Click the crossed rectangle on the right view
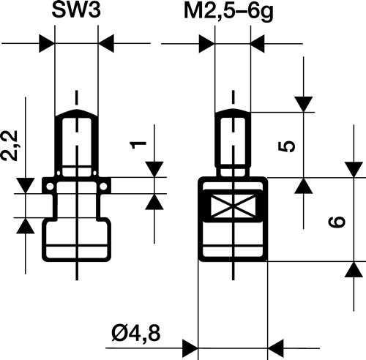coord(234,209)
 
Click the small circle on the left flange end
coord(48,188)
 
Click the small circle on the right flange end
coord(105,188)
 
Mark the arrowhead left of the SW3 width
coord(47,43)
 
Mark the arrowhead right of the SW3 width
coord(107,43)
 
